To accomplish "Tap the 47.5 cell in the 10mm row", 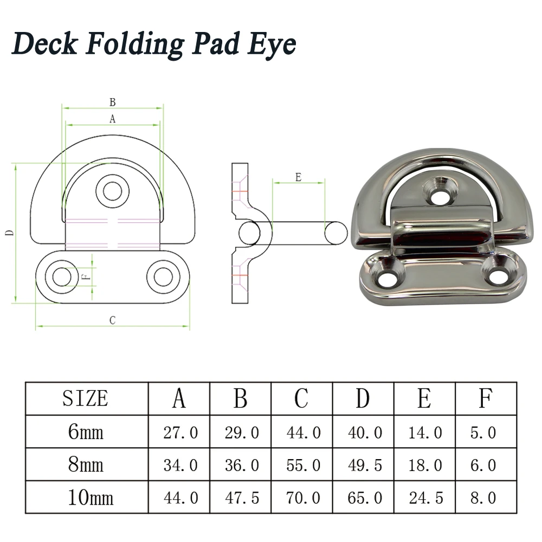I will click(241, 498).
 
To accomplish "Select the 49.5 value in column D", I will click(363, 465).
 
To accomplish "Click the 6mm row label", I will click(86, 432).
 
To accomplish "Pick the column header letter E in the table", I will click(424, 399).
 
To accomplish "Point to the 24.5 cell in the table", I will click(424, 498).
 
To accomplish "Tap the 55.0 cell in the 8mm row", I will click(302, 465).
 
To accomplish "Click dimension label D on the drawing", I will click(9, 234).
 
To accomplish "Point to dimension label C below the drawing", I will click(112, 320).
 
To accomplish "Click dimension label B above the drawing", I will click(113, 102).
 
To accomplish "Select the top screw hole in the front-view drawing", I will click(113, 190).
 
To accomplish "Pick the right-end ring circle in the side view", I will click(335, 234).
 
